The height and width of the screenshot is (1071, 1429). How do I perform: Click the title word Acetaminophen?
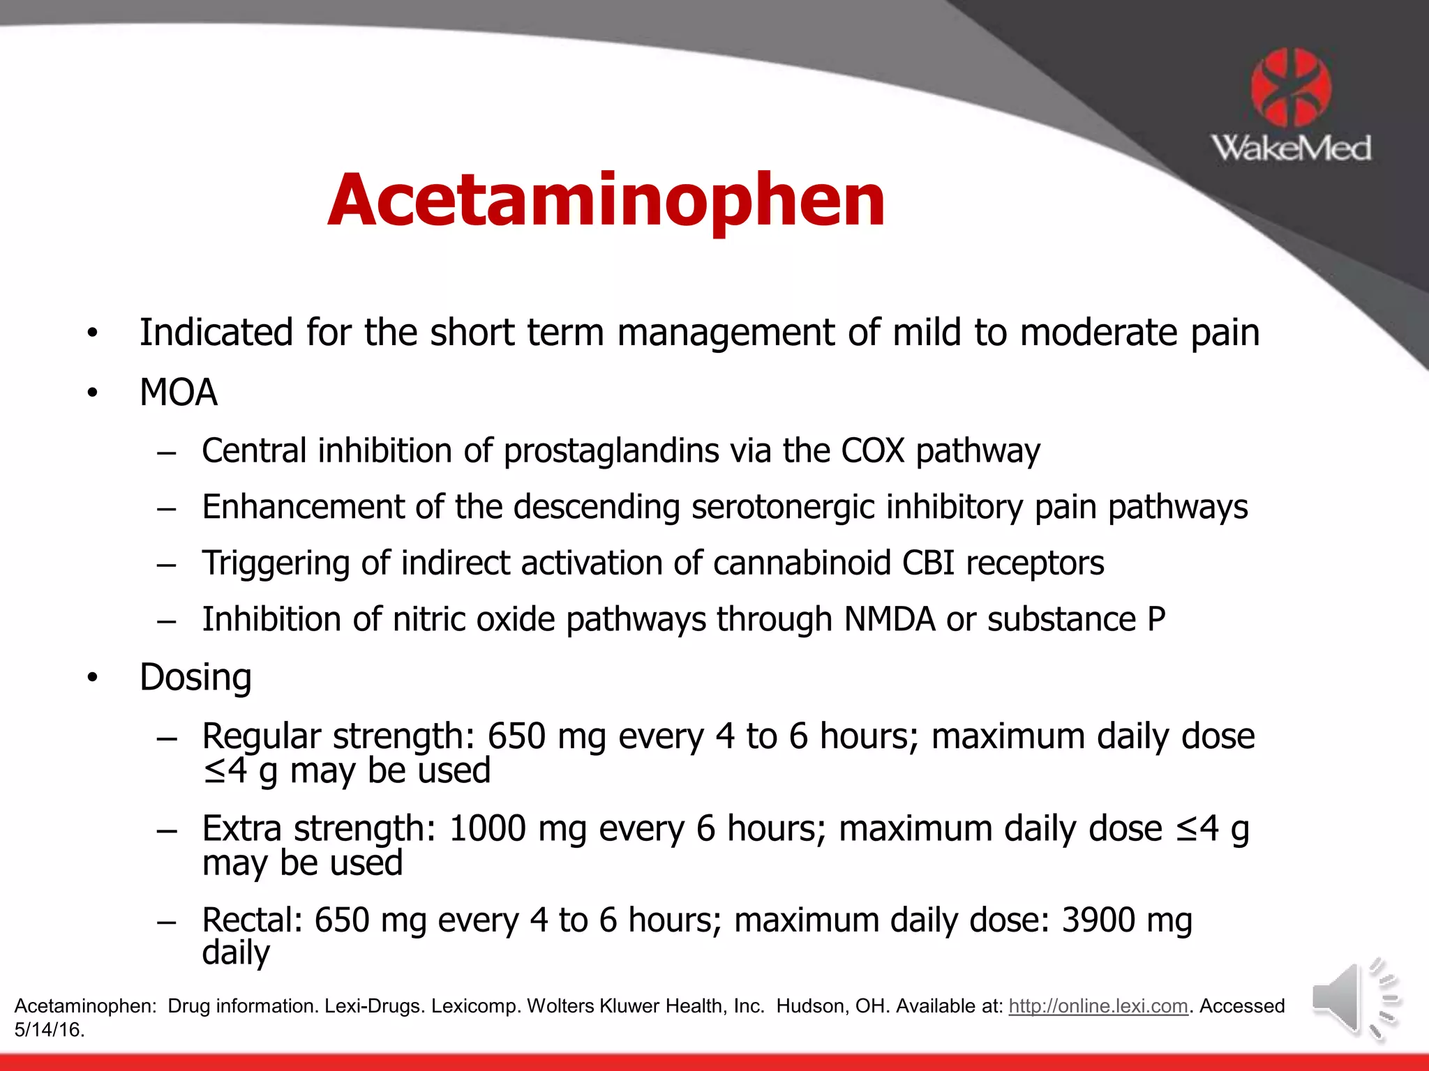(606, 201)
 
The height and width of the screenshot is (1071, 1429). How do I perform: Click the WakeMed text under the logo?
(1291, 149)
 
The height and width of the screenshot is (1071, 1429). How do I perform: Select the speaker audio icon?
(1356, 1000)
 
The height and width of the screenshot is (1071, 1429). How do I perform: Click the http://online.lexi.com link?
(1098, 1005)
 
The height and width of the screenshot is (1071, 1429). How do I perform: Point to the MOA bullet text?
(179, 393)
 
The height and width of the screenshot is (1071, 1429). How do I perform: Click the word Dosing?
(195, 677)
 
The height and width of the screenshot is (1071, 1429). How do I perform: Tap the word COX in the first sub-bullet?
(872, 451)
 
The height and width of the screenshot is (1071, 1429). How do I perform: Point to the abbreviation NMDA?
(889, 619)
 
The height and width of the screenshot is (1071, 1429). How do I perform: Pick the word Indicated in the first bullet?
(216, 333)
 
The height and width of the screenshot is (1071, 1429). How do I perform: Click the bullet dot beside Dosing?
(93, 678)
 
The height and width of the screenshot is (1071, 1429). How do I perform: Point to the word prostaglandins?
(611, 451)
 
